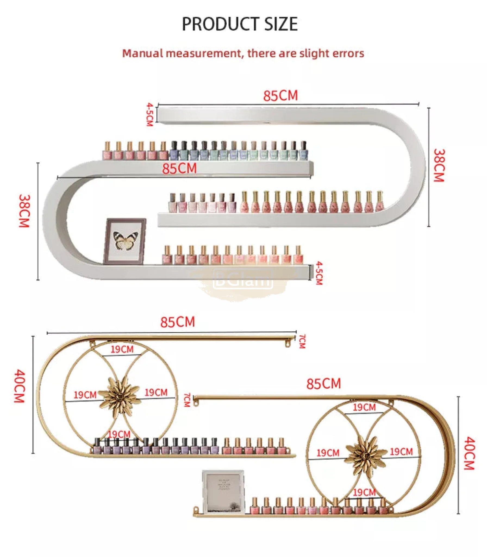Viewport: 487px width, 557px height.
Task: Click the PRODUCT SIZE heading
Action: [240, 24]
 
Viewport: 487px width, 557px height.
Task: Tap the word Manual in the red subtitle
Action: [142, 53]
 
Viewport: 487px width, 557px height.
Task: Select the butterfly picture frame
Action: [125, 241]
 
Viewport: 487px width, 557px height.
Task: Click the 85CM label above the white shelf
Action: [280, 96]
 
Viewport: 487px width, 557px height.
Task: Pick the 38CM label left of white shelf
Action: [24, 211]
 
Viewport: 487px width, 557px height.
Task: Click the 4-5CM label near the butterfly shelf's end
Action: [319, 273]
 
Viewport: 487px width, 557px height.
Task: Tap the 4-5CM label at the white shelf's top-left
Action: [149, 114]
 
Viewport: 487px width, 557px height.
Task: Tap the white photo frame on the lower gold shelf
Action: [223, 492]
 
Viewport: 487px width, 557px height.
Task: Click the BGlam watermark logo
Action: [243, 278]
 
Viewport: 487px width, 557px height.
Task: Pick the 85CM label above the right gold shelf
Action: [323, 384]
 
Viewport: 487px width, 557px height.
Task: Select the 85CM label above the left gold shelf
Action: [177, 322]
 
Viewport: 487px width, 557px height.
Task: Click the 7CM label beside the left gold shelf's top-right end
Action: [302, 341]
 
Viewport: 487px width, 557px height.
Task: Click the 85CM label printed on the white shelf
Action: [179, 168]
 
